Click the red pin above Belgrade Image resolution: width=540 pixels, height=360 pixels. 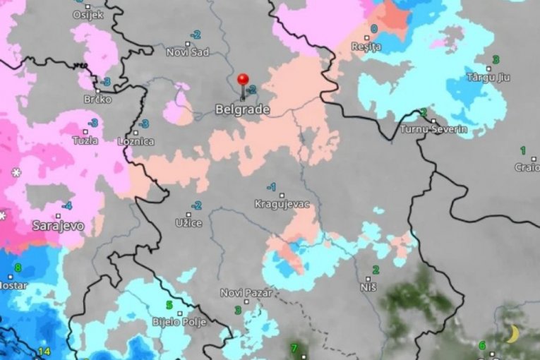click(x=244, y=79)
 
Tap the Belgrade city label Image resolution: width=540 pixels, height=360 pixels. click(x=241, y=109)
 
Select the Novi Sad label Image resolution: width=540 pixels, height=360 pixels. click(x=188, y=52)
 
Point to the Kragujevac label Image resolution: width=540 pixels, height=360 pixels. click(x=282, y=204)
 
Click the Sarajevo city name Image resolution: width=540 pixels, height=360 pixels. click(x=58, y=226)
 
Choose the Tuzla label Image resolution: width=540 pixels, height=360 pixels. click(x=85, y=140)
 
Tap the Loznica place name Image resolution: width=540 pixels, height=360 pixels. click(x=137, y=141)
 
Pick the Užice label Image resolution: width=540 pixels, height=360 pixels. click(x=188, y=223)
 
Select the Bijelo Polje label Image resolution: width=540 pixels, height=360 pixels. click(x=179, y=322)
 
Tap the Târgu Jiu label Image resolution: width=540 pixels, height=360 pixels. click(x=488, y=78)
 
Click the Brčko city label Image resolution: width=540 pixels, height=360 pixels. click(x=97, y=100)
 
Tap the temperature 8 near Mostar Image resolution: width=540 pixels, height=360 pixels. click(x=18, y=268)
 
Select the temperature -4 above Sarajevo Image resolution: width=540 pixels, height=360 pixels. click(x=66, y=206)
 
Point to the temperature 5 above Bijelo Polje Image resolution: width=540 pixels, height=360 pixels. click(x=169, y=305)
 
